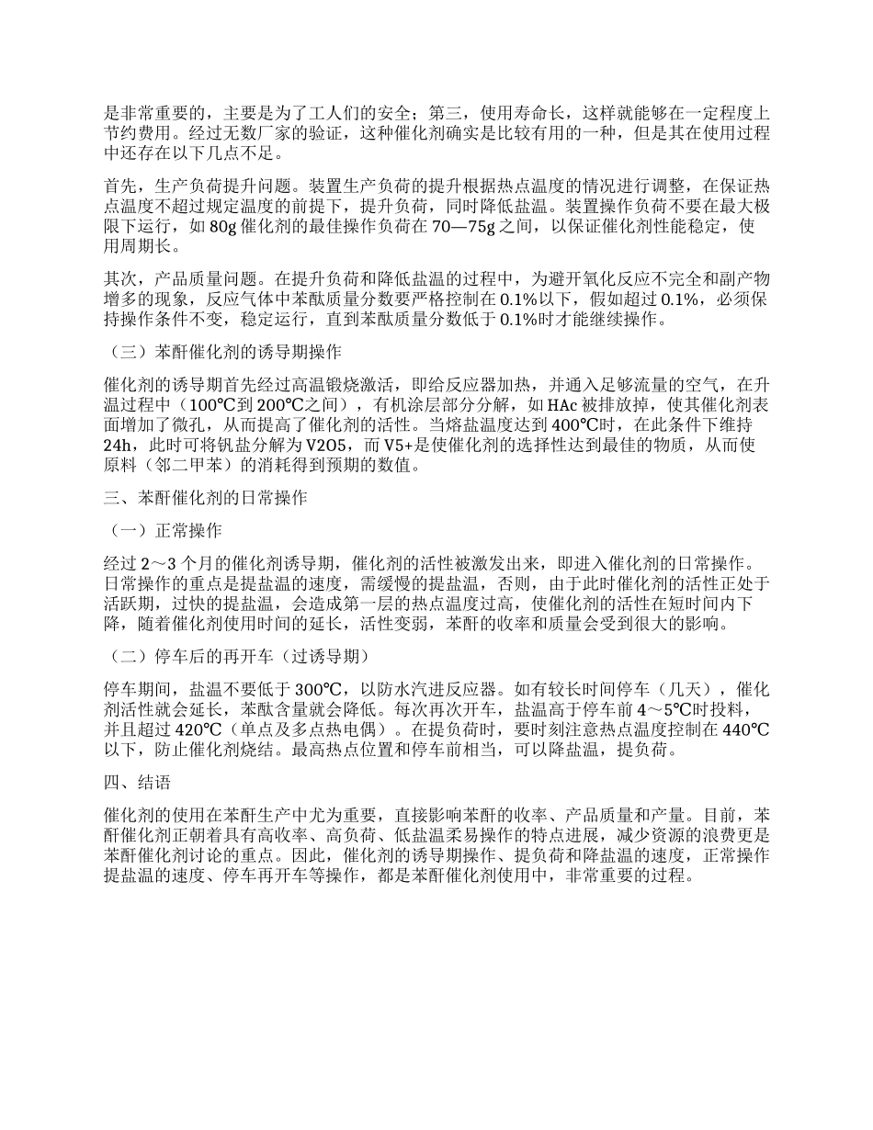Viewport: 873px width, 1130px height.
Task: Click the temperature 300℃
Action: pyautogui.click(x=319, y=688)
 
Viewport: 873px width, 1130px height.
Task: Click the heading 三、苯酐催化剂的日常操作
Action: pyautogui.click(x=204, y=498)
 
